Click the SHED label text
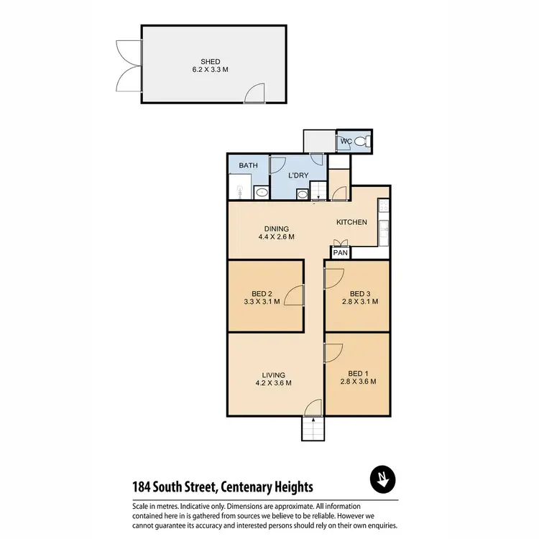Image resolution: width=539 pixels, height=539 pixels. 211,61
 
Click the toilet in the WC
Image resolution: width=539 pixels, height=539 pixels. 366,142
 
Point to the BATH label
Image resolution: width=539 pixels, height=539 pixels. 248,166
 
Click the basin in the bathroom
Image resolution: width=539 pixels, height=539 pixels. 260,193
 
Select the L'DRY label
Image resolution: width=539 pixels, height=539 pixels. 298,175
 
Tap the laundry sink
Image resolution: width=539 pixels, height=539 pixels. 303,193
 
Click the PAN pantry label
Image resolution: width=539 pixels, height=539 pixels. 340,253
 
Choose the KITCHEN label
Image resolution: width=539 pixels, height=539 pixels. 352,222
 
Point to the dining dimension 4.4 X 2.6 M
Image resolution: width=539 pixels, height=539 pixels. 276,236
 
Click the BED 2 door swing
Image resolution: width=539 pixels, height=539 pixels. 295,296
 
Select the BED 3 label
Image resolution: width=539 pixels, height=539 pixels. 359,293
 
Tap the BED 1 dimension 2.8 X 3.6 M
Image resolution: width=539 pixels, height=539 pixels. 359,382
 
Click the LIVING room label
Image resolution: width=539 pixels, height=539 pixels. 274,374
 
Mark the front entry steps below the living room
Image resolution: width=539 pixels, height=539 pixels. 312,430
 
